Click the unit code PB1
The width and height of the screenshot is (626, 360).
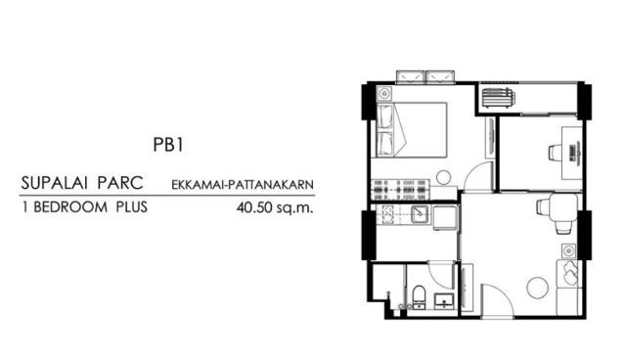[x=168, y=145]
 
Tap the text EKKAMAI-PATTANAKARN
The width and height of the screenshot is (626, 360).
[x=243, y=185]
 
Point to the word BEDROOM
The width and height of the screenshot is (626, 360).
[x=70, y=207]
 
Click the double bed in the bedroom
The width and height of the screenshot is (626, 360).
[x=411, y=130]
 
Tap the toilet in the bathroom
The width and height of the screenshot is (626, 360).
[x=420, y=297]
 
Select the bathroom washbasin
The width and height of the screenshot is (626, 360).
[x=444, y=300]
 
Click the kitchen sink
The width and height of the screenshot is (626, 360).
[x=420, y=214]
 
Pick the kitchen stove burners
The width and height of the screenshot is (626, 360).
[x=387, y=214]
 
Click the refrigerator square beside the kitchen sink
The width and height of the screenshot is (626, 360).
[x=445, y=218]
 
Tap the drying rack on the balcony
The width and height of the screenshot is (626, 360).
[x=498, y=98]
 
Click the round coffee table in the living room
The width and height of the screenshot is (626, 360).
[x=537, y=288]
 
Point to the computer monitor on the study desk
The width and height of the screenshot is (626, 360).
[x=574, y=152]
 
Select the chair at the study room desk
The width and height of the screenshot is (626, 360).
[x=556, y=153]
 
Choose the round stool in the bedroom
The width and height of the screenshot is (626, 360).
[x=443, y=178]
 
